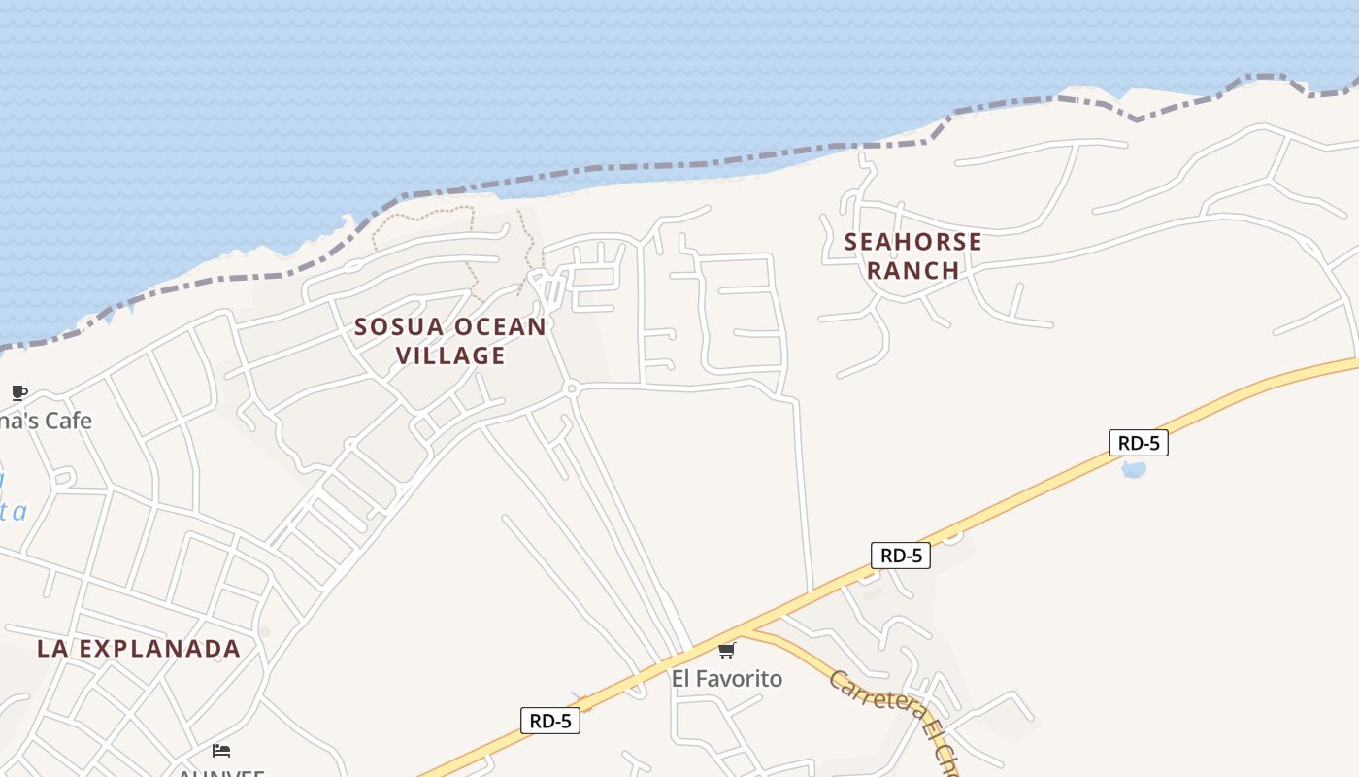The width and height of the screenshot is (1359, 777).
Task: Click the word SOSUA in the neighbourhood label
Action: tap(390, 327)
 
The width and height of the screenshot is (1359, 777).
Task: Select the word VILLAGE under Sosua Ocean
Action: tap(450, 355)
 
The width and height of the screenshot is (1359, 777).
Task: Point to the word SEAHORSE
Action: tap(912, 242)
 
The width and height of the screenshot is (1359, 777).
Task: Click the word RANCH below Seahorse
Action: tap(912, 270)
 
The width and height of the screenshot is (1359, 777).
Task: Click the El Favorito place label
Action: tap(726, 678)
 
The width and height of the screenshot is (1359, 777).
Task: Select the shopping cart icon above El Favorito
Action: tap(726, 650)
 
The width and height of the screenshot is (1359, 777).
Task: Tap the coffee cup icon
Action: tap(18, 392)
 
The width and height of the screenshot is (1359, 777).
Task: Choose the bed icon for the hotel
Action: tap(221, 751)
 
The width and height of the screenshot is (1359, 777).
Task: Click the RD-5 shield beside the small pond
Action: tap(1138, 443)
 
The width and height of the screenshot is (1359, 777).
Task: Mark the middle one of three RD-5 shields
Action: tap(900, 556)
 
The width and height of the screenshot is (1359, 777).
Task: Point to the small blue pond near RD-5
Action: tap(1133, 470)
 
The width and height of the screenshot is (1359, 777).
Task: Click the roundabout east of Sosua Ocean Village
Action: tap(571, 389)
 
